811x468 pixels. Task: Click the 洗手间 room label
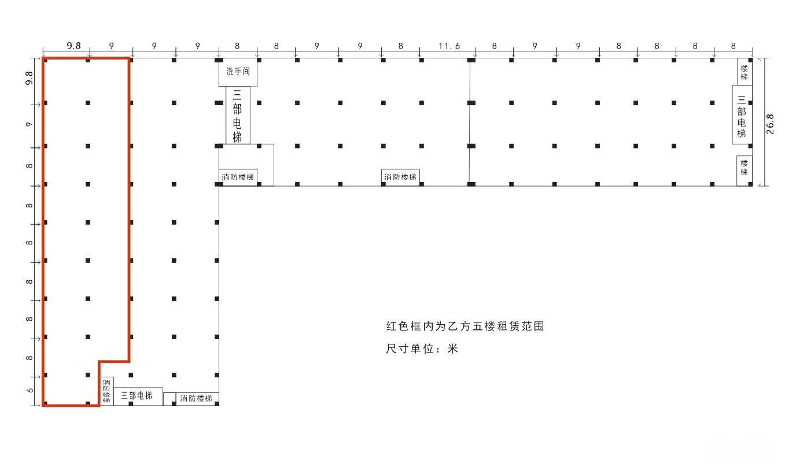[x=237, y=72]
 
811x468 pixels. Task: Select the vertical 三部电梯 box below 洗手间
[x=237, y=116]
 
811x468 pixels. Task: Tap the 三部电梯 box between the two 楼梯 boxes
[x=742, y=116]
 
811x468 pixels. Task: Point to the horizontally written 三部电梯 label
[x=137, y=396]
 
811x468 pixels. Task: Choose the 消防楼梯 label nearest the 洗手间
[x=238, y=177]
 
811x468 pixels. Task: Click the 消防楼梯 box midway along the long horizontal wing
[x=400, y=177]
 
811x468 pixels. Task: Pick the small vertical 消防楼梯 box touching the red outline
[x=106, y=391]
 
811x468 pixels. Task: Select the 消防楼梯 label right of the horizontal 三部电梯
[x=196, y=399]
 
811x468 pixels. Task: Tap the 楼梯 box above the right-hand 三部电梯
[x=744, y=72]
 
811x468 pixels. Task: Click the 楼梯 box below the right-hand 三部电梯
[x=744, y=168]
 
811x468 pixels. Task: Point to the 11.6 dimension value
[x=449, y=46]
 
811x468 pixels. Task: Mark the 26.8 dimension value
[x=770, y=124]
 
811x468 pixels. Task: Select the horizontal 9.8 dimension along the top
[x=73, y=46]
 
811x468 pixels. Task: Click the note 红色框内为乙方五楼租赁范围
[x=465, y=326]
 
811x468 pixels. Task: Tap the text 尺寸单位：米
[x=422, y=349]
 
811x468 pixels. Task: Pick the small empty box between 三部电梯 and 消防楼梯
[x=169, y=399]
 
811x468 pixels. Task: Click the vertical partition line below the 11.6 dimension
[x=469, y=121]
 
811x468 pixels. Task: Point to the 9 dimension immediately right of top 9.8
[x=111, y=46]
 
